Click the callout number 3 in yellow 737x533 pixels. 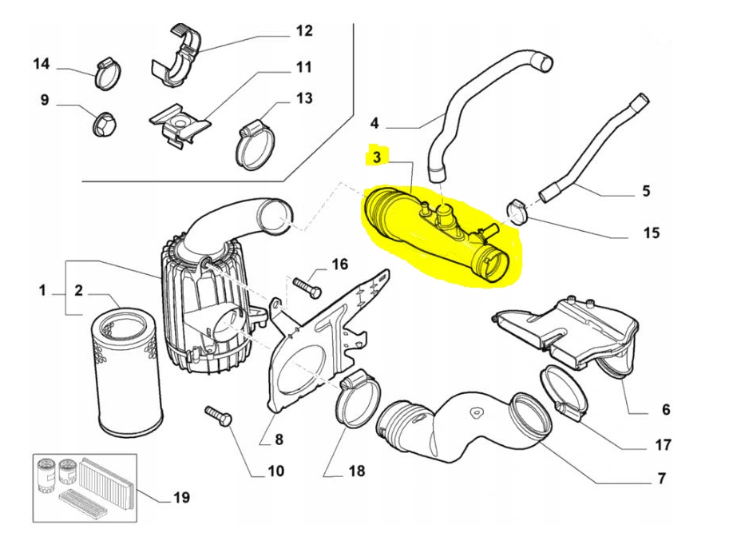pyautogui.click(x=374, y=157)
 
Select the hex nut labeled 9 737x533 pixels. pyautogui.click(x=104, y=123)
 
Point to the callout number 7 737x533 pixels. pyautogui.click(x=661, y=479)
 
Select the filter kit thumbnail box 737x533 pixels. pyautogui.click(x=80, y=484)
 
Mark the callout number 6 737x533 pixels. pyautogui.click(x=665, y=410)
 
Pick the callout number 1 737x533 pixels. pyautogui.click(x=42, y=291)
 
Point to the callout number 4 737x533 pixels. pyautogui.click(x=374, y=123)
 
